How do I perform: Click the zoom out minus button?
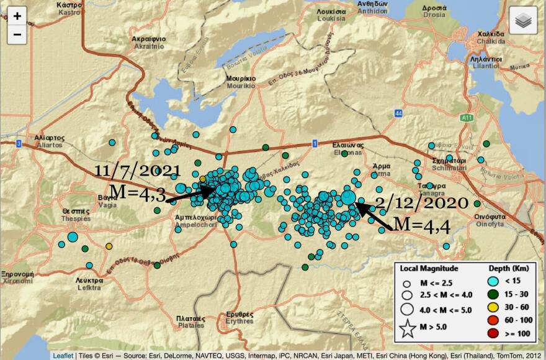[x=17, y=35]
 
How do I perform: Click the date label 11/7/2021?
[x=138, y=171]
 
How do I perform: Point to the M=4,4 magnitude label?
[x=422, y=225]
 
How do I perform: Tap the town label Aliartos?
[x=47, y=141]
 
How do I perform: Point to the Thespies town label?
[x=76, y=215]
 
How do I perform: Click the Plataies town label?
[x=186, y=322]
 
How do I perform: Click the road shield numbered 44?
[x=398, y=113]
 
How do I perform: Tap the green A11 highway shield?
[x=467, y=116]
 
